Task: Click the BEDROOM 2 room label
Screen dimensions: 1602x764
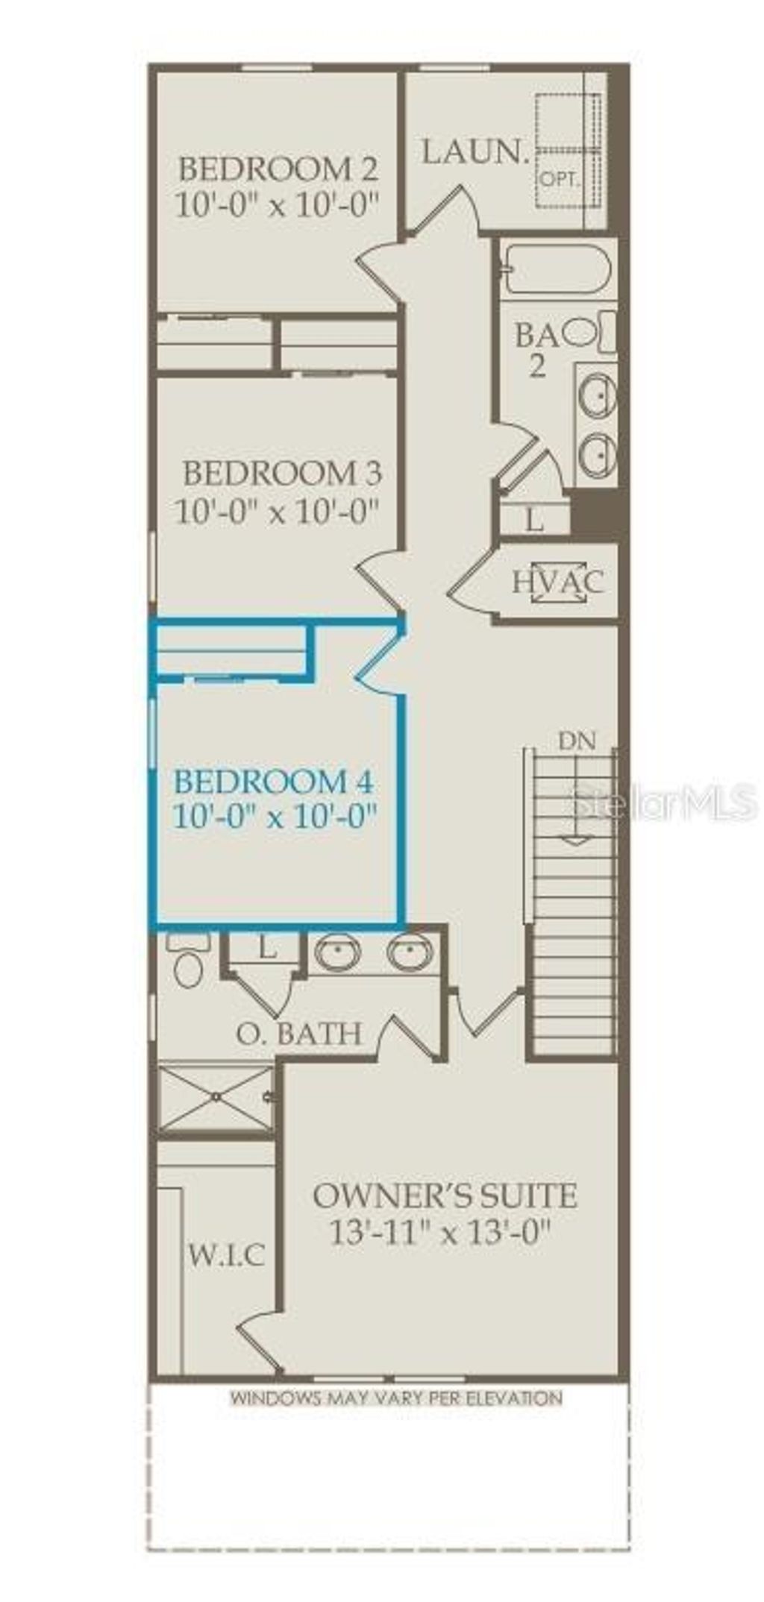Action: pos(278,169)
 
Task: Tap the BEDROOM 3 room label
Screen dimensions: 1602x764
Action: pos(283,474)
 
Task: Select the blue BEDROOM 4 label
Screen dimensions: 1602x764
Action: pos(273,782)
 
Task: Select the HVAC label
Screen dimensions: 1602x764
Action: pos(557,582)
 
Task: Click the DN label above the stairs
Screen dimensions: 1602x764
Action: pos(577,741)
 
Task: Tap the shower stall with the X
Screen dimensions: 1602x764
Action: pos(216,1097)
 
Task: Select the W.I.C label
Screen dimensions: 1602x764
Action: pos(225,1256)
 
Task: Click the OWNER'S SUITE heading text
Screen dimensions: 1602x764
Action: pos(445,1196)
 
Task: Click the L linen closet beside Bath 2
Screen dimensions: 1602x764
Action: pos(533,520)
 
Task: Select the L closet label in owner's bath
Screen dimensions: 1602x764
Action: pos(266,948)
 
